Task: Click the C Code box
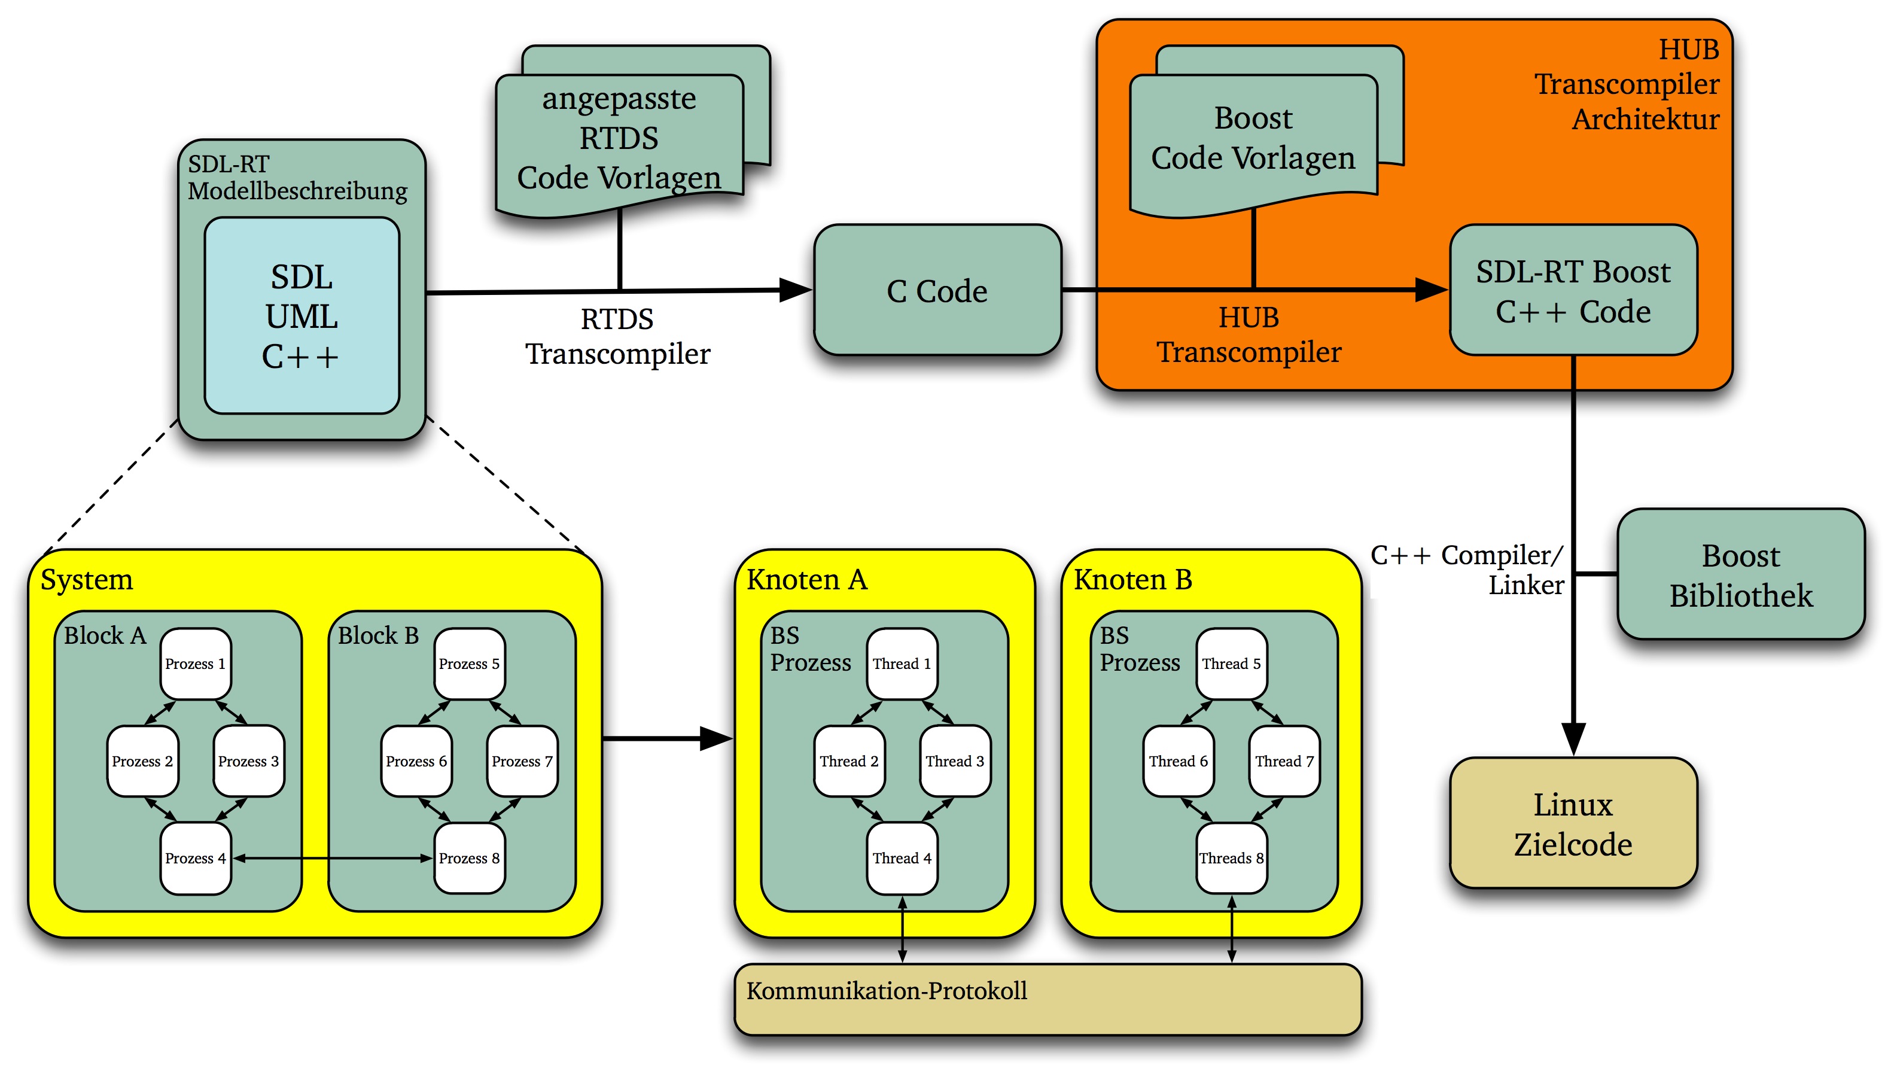click(937, 291)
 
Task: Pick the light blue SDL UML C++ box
click(301, 316)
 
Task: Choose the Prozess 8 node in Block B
click(469, 858)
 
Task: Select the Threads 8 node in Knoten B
click(1231, 858)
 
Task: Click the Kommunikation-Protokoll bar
click(1048, 999)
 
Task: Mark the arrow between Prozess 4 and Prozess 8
click(332, 858)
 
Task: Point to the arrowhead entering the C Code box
click(795, 290)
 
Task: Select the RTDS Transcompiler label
click(617, 336)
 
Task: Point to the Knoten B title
click(1133, 580)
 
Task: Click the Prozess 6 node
click(416, 761)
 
